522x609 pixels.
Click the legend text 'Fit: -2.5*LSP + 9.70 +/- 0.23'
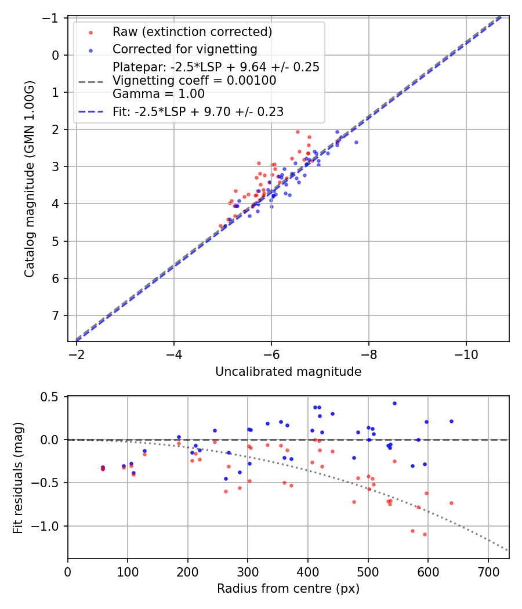198,112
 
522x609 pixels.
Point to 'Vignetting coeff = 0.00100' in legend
194,81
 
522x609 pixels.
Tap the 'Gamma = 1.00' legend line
158,93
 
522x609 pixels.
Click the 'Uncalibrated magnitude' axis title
288,372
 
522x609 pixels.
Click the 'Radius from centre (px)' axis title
288,589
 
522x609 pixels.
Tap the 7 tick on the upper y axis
56,316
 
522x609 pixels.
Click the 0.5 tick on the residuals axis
52,397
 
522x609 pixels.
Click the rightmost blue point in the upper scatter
356,142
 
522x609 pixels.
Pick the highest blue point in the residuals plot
394,403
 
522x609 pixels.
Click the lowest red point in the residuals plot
425,534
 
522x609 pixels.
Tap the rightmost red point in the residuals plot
451,503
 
